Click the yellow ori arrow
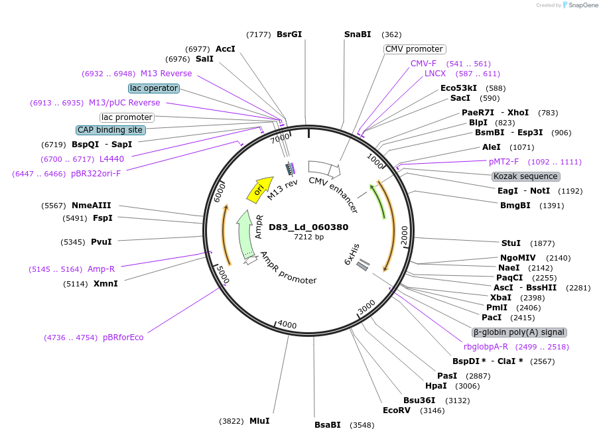click(x=259, y=188)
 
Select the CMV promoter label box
click(x=414, y=49)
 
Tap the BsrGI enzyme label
click(x=289, y=34)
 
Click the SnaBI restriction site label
click(x=358, y=34)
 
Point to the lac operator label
click(x=154, y=88)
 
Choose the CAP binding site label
click(x=110, y=130)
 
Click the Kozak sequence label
click(x=526, y=176)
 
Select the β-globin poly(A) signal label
click(x=519, y=332)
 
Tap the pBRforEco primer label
click(x=123, y=338)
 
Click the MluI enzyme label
click(x=259, y=421)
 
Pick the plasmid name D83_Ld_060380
click(x=308, y=227)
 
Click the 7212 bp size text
click(x=309, y=237)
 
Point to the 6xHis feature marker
click(x=363, y=265)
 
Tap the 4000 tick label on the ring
click(x=287, y=324)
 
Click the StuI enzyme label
click(x=511, y=243)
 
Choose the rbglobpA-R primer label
click(x=486, y=347)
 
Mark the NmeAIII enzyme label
click(x=92, y=206)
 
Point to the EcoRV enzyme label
click(x=397, y=410)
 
